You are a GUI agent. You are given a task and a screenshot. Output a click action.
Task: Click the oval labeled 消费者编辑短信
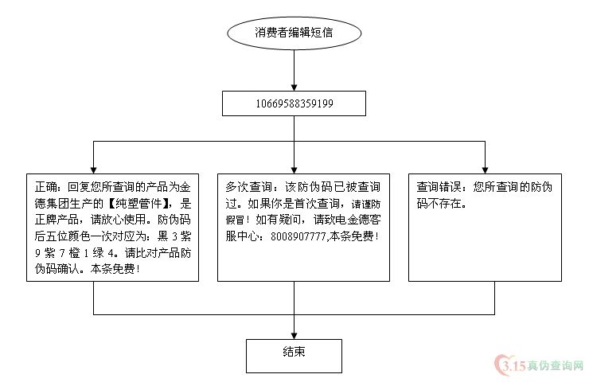(294, 33)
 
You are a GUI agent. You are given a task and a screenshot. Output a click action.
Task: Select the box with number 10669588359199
(294, 103)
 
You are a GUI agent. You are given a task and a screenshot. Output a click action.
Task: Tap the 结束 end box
(294, 356)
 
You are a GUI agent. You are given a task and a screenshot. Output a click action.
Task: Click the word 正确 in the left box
(45, 187)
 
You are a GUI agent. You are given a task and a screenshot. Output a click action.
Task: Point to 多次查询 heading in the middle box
(248, 187)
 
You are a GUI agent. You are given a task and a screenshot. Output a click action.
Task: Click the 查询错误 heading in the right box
(439, 187)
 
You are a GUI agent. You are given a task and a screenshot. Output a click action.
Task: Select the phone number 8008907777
(298, 236)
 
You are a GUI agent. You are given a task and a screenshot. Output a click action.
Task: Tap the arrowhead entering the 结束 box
(294, 336)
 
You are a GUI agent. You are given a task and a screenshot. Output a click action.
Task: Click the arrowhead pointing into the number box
(294, 88)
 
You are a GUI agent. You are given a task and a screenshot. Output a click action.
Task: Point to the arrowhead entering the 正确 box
(94, 170)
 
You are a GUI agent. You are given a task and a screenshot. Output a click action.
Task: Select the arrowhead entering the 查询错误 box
(485, 170)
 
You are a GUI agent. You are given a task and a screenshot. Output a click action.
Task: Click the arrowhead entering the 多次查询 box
(294, 170)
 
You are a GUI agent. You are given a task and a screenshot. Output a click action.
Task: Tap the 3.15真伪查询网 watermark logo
(540, 364)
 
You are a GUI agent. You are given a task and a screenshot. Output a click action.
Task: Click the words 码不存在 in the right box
(439, 203)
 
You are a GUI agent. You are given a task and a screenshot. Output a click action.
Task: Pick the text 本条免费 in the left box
(112, 269)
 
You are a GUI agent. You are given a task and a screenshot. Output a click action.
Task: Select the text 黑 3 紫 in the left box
(174, 236)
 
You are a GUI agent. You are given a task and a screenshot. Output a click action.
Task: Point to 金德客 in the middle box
(364, 220)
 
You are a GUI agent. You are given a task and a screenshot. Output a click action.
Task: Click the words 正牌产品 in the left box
(57, 220)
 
